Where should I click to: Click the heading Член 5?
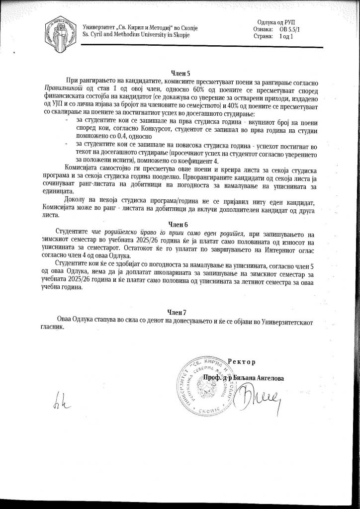tap(180, 73)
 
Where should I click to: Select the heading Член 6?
tap(180, 224)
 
